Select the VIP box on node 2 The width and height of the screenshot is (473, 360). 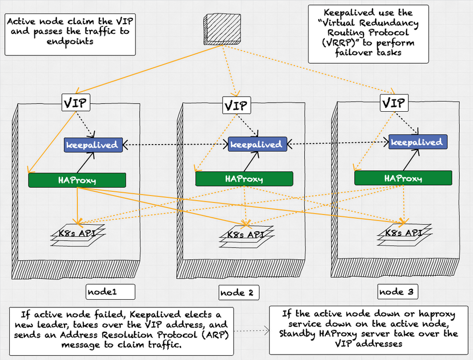[235, 105]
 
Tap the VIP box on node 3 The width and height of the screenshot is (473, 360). [393, 102]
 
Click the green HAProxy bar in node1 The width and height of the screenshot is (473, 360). [77, 180]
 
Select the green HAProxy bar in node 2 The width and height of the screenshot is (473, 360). [244, 179]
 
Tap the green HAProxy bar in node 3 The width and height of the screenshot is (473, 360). [403, 178]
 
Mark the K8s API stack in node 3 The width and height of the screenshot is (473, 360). [403, 234]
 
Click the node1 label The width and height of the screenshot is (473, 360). [102, 292]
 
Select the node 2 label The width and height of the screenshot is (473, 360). [239, 293]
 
